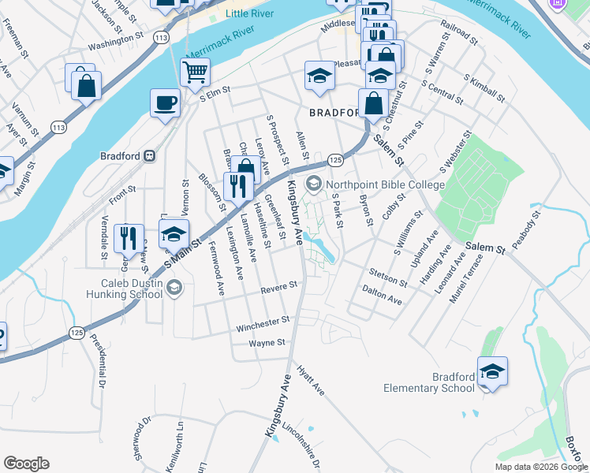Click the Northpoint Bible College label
click(384, 184)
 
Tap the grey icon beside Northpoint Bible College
click(314, 184)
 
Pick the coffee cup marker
click(166, 102)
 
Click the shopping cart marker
click(195, 73)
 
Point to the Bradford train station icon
click(149, 156)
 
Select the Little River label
click(247, 14)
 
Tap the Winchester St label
click(263, 322)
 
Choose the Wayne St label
click(266, 343)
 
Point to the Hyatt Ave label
click(311, 379)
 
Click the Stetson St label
click(387, 277)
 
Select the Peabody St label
click(525, 230)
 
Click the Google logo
click(26, 464)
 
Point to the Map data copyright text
click(540, 467)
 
